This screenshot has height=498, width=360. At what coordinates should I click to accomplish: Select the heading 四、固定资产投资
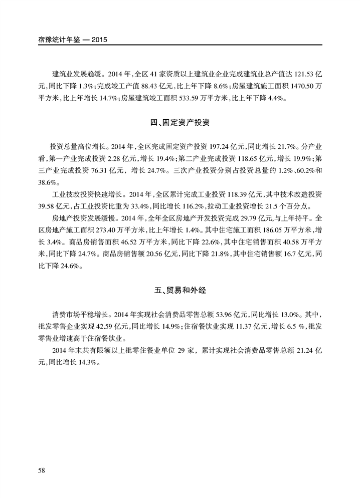(x=179, y=123)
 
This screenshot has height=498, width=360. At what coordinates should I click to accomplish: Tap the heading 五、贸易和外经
(x=179, y=290)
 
